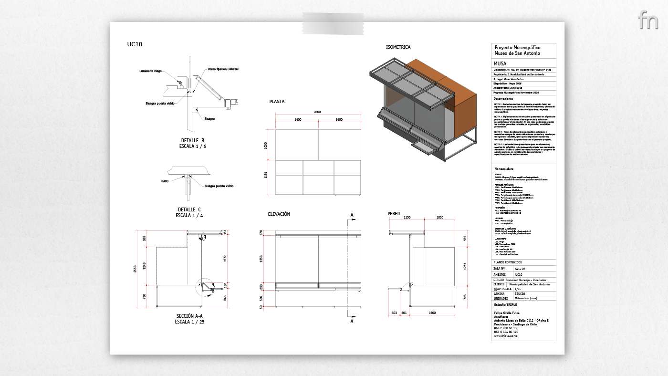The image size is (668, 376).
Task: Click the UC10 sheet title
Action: coord(135,44)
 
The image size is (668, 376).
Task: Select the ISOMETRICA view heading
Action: coord(398,47)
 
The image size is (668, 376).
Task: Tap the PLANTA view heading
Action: coord(277,102)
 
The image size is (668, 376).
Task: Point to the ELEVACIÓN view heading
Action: coord(279,215)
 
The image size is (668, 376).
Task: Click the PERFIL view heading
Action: coord(394,214)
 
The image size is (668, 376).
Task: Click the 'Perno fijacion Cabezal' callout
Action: coord(223,69)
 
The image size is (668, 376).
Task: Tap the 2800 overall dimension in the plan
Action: coord(317,112)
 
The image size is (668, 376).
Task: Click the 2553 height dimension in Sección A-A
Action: coord(136,269)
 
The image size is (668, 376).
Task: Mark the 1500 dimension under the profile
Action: coord(432,313)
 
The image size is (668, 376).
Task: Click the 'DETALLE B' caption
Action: coord(193,140)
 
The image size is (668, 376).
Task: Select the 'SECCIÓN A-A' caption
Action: coord(190,316)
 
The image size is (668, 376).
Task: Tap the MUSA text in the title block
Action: coord(501,63)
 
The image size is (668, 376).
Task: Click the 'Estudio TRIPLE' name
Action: coord(505,304)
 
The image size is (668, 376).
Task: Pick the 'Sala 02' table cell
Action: coord(522,269)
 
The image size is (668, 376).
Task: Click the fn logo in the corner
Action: coord(647,20)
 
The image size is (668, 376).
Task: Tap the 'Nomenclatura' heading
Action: coord(504,169)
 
